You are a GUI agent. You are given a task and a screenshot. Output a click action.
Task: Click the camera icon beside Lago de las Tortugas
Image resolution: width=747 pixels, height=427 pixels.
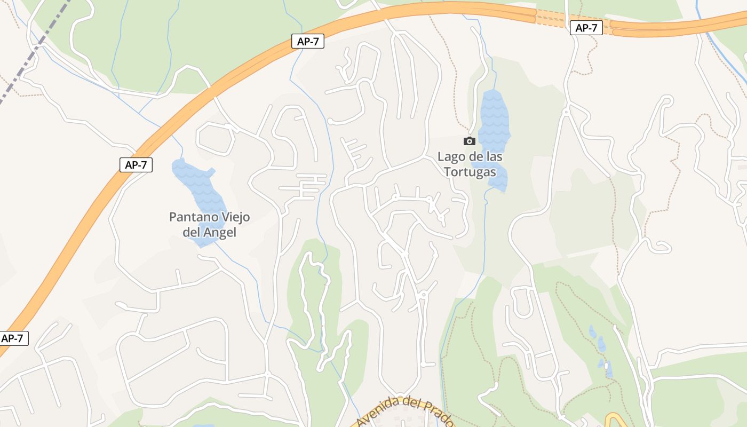(x=470, y=141)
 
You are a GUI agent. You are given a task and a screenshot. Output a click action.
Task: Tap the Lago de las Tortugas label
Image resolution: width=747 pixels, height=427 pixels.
(x=470, y=164)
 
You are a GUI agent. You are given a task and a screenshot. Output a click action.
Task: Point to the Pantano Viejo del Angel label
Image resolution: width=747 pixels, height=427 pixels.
(x=209, y=225)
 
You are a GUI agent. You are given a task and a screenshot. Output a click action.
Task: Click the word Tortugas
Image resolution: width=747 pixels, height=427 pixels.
(x=470, y=172)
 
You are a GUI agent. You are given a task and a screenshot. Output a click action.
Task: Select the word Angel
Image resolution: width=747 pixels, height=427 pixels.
(x=220, y=233)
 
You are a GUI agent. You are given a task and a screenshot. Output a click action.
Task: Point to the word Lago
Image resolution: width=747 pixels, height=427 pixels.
(x=449, y=157)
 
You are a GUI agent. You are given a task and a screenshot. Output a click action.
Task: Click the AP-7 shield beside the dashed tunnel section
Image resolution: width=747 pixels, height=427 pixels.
(x=586, y=28)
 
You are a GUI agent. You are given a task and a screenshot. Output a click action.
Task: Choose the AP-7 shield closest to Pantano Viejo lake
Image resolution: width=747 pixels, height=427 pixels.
(x=136, y=165)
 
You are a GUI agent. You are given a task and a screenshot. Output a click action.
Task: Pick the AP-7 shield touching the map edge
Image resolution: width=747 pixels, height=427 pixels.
(x=13, y=338)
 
